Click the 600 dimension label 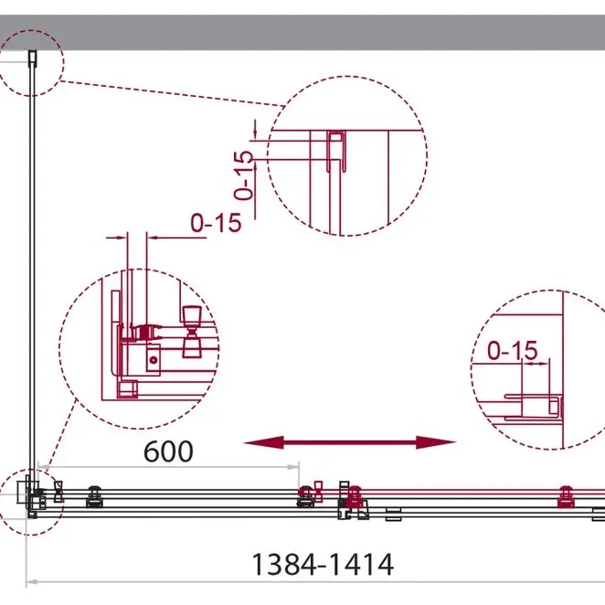[168, 451]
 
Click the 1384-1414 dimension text [323, 565]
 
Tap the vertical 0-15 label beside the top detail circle [244, 175]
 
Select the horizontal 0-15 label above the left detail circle [216, 223]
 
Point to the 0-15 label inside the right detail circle [513, 350]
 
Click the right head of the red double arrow [436, 442]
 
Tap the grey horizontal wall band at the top [302, 32]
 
